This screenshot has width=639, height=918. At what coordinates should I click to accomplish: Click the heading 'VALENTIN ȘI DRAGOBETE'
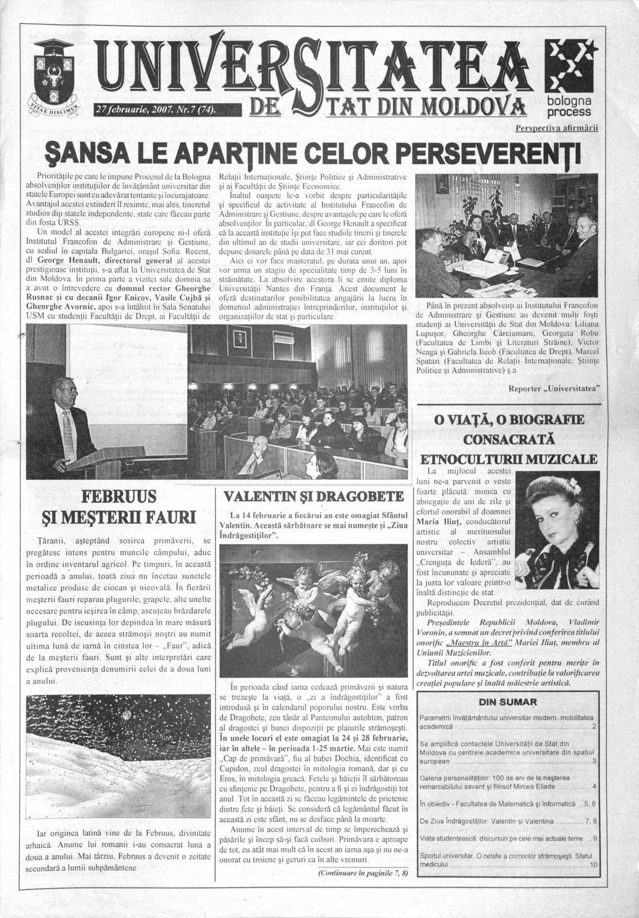pos(313,497)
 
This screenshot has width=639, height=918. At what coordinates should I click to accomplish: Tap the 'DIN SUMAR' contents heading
pos(507,702)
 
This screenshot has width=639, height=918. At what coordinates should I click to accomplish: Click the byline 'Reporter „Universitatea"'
pos(553,388)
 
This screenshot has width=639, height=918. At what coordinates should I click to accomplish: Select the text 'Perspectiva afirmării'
pos(556,128)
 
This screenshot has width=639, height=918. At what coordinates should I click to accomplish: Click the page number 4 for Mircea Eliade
pos(594,787)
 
